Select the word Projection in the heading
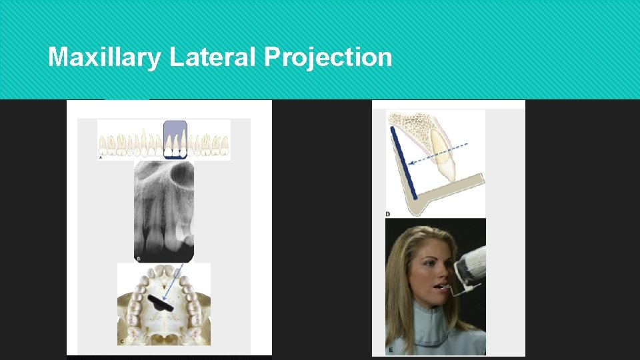[x=328, y=58]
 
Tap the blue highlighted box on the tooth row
[x=175, y=139]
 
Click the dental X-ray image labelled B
[x=164, y=210]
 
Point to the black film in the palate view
[x=161, y=303]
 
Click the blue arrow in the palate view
[x=171, y=283]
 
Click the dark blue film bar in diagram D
[x=404, y=163]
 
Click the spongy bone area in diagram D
[x=413, y=126]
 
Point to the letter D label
[x=388, y=214]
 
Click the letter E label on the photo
[x=389, y=349]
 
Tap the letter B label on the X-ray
[x=139, y=258]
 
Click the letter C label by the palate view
[x=121, y=341]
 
